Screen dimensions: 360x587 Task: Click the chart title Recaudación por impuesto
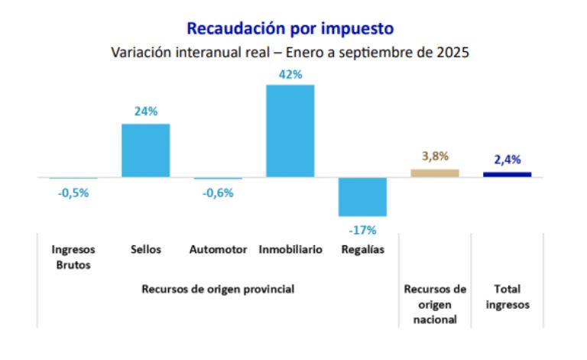click(x=290, y=29)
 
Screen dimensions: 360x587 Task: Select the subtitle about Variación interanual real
click(x=290, y=54)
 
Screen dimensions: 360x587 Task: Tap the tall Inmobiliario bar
click(x=290, y=131)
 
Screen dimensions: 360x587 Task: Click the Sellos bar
click(x=146, y=151)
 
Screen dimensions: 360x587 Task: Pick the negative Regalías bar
click(x=363, y=196)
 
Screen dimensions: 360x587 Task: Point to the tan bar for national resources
click(x=435, y=174)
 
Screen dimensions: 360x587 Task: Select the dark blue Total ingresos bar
click(x=507, y=174)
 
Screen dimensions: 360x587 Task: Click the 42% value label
click(x=290, y=75)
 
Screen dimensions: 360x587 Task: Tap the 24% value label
click(x=146, y=112)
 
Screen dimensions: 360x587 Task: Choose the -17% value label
click(x=363, y=229)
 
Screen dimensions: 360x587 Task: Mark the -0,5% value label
click(x=73, y=193)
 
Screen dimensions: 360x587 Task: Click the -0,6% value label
click(x=218, y=193)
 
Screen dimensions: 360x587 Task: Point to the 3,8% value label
click(x=435, y=157)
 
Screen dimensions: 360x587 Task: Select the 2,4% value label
click(x=507, y=160)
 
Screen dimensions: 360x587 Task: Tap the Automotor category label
click(x=218, y=250)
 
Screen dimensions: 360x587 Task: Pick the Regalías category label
click(x=363, y=250)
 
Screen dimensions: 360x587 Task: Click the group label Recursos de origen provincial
click(x=218, y=290)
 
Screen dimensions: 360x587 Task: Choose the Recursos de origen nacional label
click(x=435, y=305)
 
